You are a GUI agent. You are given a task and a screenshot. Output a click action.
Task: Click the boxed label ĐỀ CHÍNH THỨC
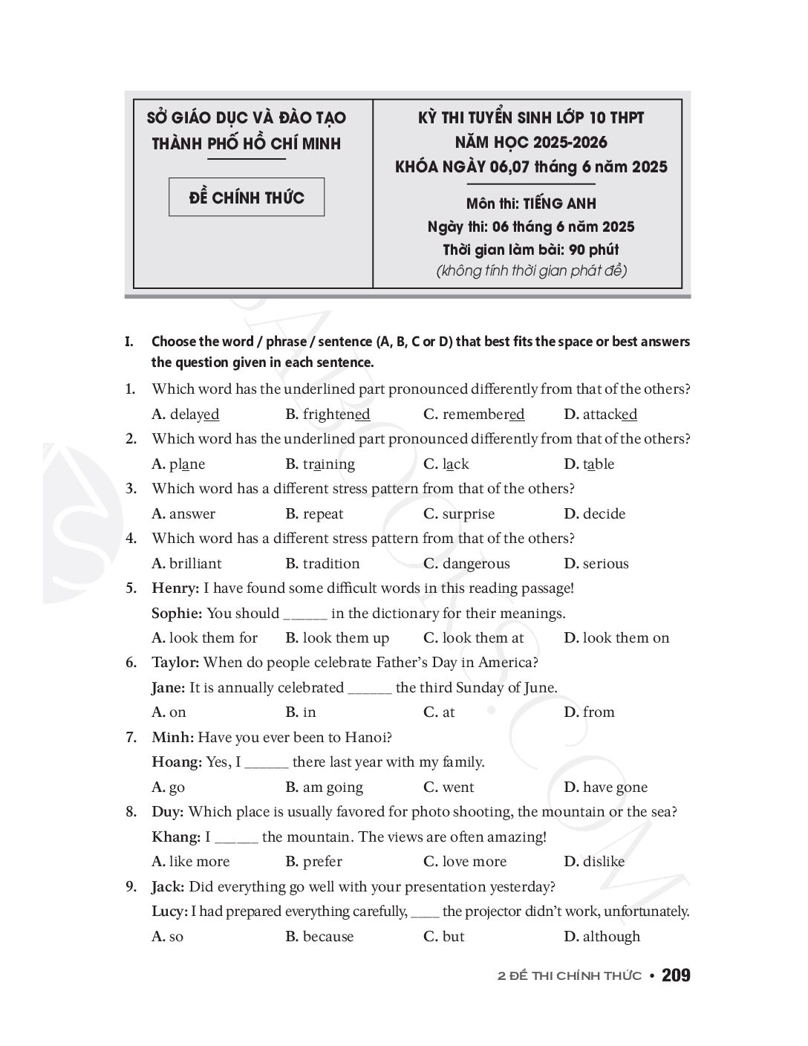click(247, 198)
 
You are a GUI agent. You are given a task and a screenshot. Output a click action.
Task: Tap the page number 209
click(676, 975)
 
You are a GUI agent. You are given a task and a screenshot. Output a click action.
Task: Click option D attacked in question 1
click(609, 415)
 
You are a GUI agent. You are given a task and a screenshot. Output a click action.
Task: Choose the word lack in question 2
click(455, 464)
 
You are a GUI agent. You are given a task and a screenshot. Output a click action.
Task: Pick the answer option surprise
click(468, 514)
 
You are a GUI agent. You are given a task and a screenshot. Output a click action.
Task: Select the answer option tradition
click(331, 564)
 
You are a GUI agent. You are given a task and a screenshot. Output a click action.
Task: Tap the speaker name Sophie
click(177, 614)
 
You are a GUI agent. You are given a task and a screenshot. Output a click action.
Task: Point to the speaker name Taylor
click(175, 663)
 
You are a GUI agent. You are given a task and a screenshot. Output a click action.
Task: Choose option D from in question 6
click(598, 712)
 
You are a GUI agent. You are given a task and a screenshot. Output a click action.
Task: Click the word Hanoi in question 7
click(367, 738)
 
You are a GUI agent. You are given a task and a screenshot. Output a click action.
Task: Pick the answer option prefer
click(322, 862)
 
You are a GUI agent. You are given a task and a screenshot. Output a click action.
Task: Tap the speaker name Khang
click(176, 837)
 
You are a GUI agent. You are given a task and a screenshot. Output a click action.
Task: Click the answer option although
click(610, 937)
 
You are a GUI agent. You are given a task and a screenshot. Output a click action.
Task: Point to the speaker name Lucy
click(169, 912)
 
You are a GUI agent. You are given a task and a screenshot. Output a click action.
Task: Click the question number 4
click(131, 539)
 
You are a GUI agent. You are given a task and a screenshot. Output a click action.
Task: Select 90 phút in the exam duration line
click(593, 250)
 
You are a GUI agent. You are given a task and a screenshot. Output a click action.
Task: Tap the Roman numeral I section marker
click(129, 342)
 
